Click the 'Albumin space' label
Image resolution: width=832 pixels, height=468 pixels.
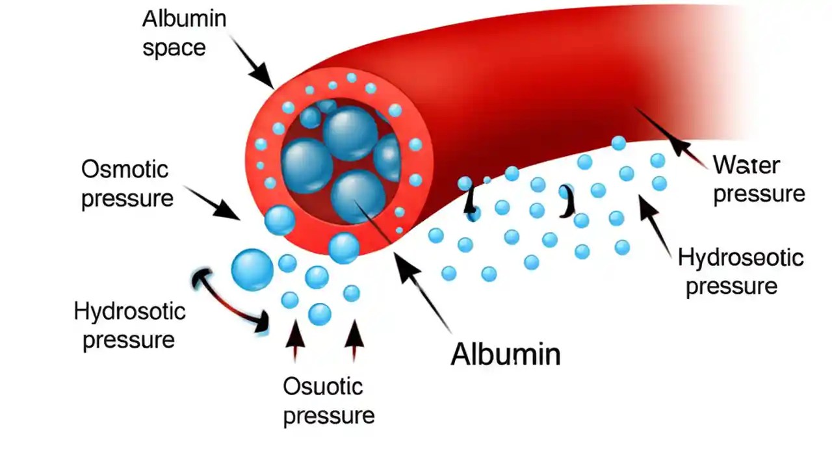click(184, 32)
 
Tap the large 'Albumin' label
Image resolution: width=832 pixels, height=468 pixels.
click(505, 354)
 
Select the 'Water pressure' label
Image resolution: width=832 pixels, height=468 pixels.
click(759, 179)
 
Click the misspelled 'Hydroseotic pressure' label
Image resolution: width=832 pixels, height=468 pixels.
click(740, 272)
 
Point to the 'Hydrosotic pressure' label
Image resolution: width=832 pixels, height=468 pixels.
click(129, 325)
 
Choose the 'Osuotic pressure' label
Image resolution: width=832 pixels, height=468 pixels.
click(328, 401)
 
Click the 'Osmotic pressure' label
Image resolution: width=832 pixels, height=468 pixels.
click(127, 184)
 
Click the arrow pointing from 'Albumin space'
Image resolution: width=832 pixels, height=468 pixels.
click(252, 62)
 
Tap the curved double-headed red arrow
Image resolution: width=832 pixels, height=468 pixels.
click(231, 302)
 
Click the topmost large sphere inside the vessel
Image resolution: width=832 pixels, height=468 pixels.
click(350, 133)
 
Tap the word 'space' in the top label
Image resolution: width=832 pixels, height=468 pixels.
click(174, 47)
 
